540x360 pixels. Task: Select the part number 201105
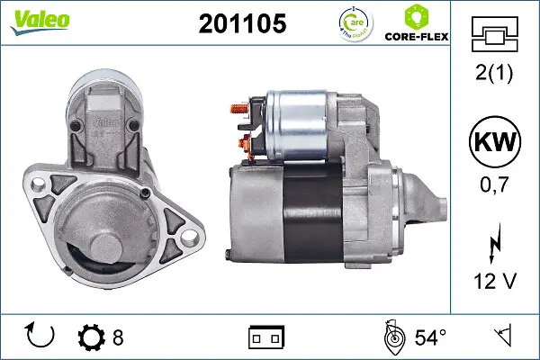[x=241, y=24]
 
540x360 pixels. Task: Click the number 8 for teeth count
[x=118, y=337]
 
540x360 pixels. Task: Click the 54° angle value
[x=430, y=337]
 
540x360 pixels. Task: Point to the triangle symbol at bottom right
[x=504, y=337]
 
